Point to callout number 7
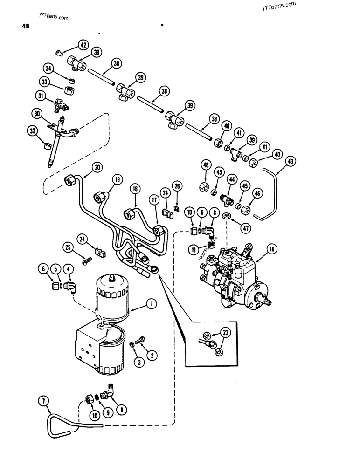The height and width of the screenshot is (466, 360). [44, 401]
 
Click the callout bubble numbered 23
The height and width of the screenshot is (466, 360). [226, 332]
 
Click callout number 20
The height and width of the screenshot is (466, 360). [97, 167]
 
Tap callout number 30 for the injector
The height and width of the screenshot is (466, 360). [37, 113]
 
